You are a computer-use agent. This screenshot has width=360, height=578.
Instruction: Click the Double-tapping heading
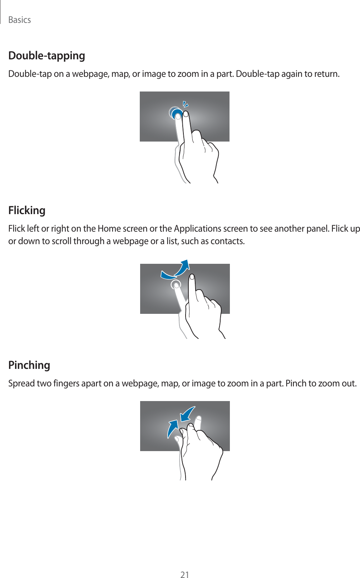pos(46,56)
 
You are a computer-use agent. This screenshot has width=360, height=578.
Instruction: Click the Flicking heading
pos(27,210)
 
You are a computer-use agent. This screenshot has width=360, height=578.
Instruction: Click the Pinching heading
pos(29,365)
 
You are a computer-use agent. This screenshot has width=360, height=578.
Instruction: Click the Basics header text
pos(20,20)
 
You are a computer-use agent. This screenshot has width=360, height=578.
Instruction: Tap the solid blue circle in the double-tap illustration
pos(177,114)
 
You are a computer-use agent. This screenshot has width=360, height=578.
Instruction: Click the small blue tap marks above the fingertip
pos(185,104)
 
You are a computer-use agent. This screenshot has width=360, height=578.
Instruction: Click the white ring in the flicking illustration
pos(176,285)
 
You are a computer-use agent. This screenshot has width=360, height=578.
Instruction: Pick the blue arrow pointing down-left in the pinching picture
pos(187,415)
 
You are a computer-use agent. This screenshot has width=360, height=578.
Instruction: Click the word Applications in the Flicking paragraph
pos(197,228)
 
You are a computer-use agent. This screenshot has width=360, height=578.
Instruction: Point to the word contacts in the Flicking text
pos(227,241)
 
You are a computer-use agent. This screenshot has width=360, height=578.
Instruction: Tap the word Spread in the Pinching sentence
pos(21,384)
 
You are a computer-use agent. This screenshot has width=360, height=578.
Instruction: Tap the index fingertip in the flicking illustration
pos(192,277)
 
